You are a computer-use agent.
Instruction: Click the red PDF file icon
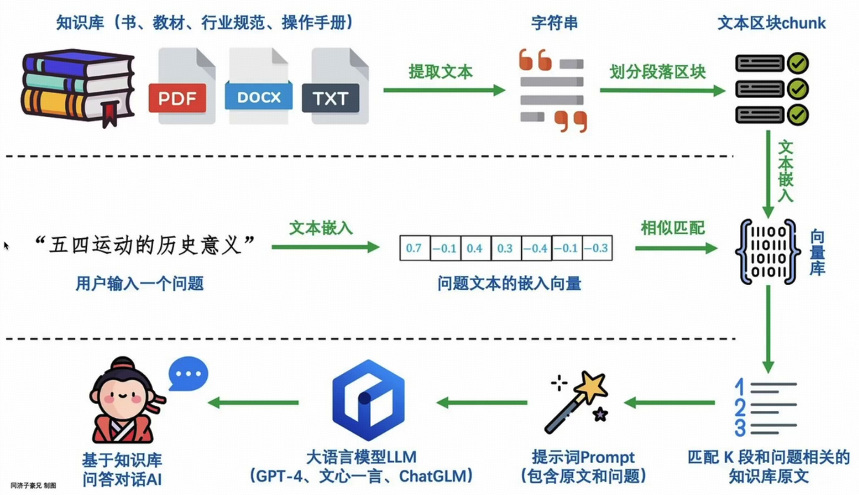tap(178, 88)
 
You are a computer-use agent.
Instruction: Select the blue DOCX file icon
tap(258, 88)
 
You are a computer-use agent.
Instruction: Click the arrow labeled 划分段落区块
tap(662, 90)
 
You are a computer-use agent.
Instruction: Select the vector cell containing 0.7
tap(413, 248)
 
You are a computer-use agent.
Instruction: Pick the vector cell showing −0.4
tap(536, 248)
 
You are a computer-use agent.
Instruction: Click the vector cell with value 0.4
tap(474, 248)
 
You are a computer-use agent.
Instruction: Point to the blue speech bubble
tap(188, 374)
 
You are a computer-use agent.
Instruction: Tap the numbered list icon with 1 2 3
tap(765, 407)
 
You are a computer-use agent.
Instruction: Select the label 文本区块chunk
tap(772, 23)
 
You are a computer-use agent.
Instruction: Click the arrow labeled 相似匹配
tap(676, 248)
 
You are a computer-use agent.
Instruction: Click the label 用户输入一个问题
tap(140, 284)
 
